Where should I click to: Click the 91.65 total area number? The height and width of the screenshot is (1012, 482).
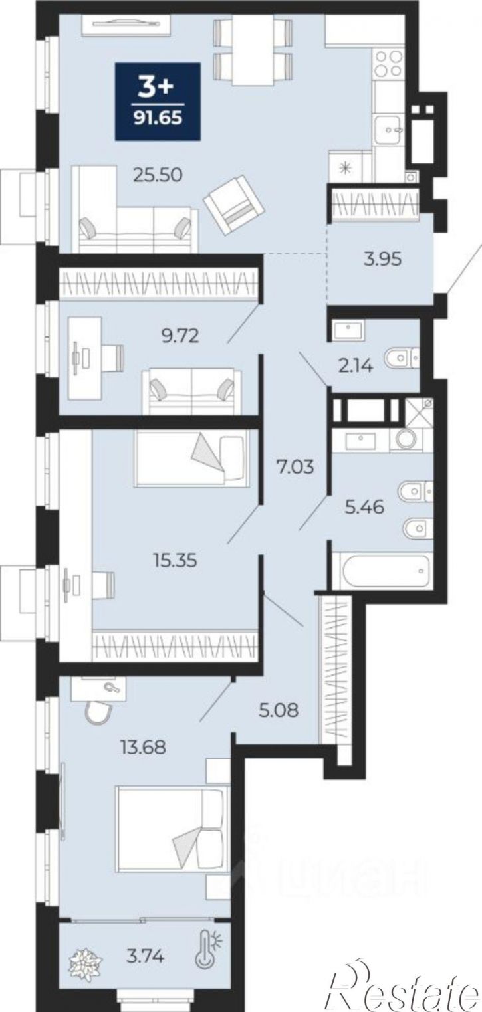[x=158, y=118]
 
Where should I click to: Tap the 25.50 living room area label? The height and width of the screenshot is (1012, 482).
[x=158, y=175]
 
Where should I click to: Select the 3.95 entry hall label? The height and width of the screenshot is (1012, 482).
[x=382, y=259]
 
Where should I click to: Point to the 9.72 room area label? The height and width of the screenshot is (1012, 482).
[x=180, y=336]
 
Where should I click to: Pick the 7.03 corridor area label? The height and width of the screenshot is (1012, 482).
[x=295, y=466]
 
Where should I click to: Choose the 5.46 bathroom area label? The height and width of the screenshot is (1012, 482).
[x=364, y=507]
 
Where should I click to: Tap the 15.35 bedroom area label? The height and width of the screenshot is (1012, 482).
[x=175, y=561]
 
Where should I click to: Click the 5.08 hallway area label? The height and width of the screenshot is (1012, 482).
[x=279, y=710]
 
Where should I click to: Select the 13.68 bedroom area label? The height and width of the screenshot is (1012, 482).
[x=143, y=747]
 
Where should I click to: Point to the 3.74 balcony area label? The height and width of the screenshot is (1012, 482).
[x=145, y=956]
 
